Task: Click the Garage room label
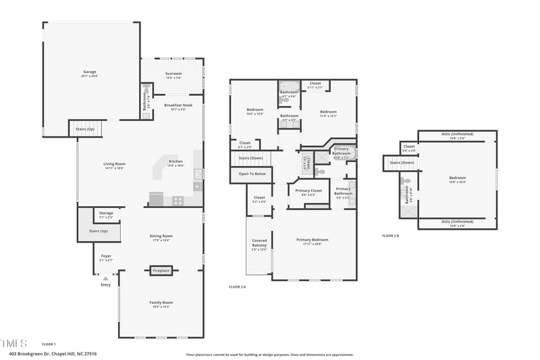pyautogui.click(x=90, y=73)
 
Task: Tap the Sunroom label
pyautogui.click(x=173, y=75)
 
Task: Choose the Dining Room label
pyautogui.click(x=161, y=237)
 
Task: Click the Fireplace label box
pyautogui.click(x=161, y=271)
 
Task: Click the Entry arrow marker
pyautogui.click(x=105, y=278)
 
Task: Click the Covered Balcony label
pyautogui.click(x=259, y=245)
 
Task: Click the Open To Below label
pyautogui.click(x=252, y=174)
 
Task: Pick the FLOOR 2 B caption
pyautogui.click(x=391, y=236)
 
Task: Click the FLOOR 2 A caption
pyautogui.click(x=238, y=287)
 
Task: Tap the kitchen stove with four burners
pyautogui.click(x=178, y=200)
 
